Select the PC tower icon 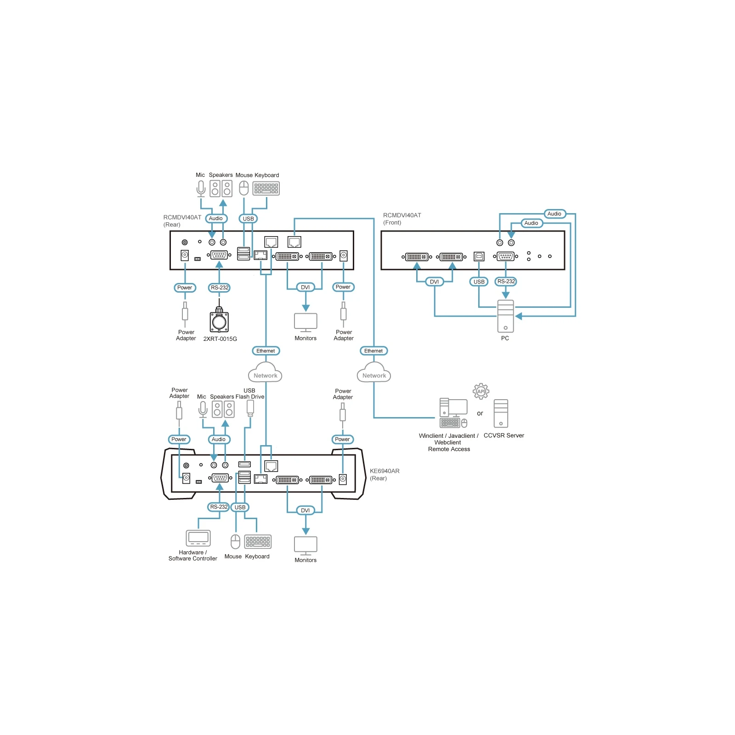click(x=505, y=316)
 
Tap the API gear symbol click(x=481, y=391)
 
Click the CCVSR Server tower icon click(x=501, y=413)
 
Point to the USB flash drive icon click(x=250, y=408)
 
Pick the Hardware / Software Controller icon click(x=198, y=538)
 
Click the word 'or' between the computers click(x=480, y=413)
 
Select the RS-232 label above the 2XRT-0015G click(x=220, y=288)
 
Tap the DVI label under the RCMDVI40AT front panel click(x=434, y=282)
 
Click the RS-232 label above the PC click(x=506, y=281)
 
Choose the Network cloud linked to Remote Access click(x=374, y=373)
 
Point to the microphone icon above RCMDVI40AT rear click(x=201, y=189)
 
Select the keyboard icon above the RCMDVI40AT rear click(x=266, y=188)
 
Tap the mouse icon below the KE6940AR click(x=235, y=542)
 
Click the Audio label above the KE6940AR click(x=219, y=439)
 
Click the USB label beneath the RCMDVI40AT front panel click(x=479, y=282)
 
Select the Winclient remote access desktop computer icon click(x=453, y=413)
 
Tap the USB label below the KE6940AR click(x=240, y=507)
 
